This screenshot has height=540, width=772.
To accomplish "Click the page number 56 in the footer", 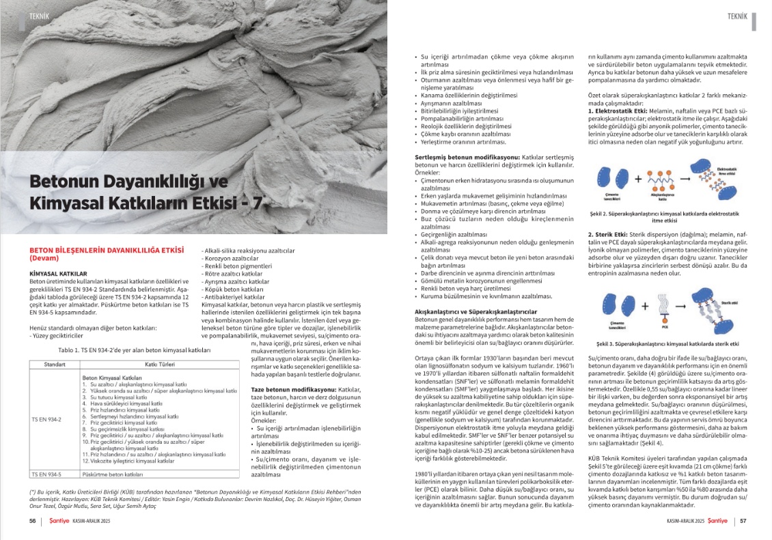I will [32, 521].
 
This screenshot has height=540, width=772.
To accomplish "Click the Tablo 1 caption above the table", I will [134, 350].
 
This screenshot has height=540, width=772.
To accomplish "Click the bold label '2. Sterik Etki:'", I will [610, 235].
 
